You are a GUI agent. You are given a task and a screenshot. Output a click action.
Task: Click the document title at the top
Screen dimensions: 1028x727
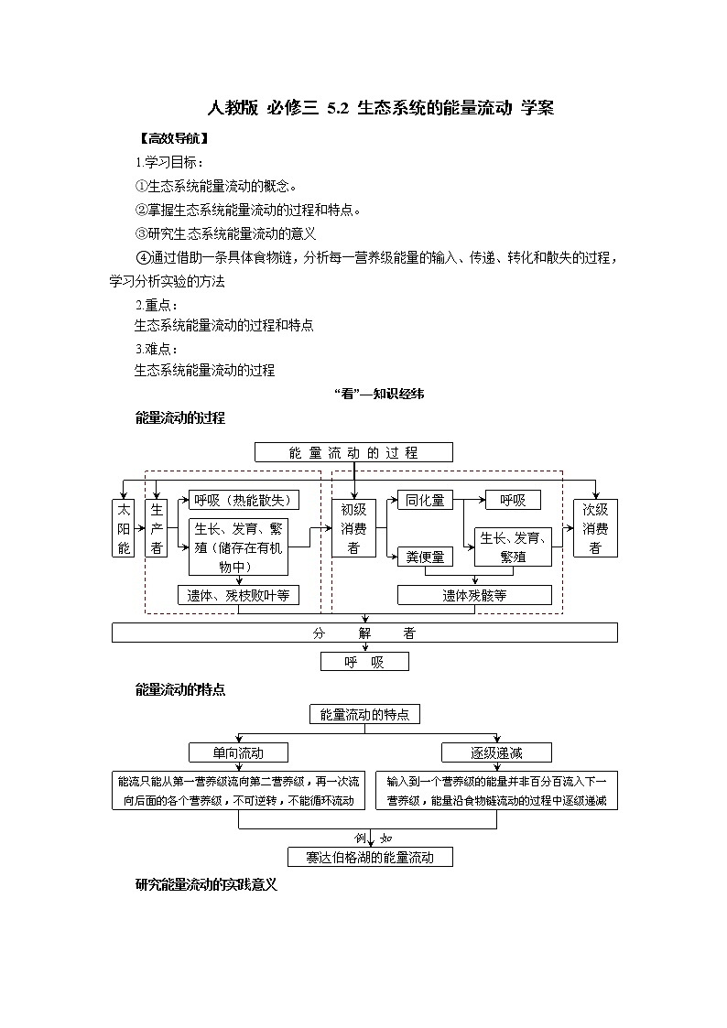tap(381, 108)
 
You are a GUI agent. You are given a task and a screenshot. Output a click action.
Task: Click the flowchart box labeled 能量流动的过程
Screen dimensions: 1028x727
tap(353, 452)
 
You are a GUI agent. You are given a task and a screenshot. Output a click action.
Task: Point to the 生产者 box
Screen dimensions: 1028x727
tap(157, 528)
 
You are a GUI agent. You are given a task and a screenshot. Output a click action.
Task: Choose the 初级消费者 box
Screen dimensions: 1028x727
tap(353, 528)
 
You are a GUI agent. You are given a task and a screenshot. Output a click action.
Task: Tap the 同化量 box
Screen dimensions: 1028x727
tap(425, 500)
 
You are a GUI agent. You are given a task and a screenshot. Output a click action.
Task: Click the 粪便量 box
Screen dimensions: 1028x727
tap(425, 557)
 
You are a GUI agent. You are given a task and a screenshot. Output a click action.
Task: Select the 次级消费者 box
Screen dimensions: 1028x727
tap(595, 528)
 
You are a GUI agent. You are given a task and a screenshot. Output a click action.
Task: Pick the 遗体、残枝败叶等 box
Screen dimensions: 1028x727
tap(238, 595)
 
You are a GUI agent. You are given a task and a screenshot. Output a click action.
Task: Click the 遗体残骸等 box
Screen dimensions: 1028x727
tap(474, 595)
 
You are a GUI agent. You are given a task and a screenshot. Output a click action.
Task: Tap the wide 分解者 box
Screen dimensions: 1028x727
tap(364, 633)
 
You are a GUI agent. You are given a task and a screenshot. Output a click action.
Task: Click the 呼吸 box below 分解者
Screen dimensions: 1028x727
tap(364, 662)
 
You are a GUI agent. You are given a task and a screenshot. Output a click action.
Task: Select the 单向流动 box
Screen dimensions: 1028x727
tap(238, 752)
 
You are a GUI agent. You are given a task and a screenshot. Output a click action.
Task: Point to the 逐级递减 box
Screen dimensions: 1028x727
tap(497, 752)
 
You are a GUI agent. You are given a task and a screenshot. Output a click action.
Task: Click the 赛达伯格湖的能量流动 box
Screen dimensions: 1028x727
tap(370, 857)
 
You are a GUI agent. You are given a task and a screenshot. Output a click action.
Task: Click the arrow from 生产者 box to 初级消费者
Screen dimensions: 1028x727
tap(320, 528)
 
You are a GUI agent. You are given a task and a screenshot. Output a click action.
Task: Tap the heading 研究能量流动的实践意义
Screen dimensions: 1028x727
tap(205, 885)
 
